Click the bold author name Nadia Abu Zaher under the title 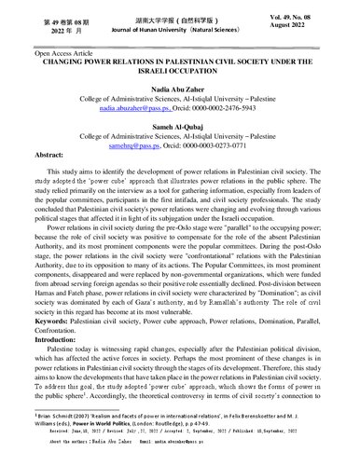(x=180, y=95)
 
